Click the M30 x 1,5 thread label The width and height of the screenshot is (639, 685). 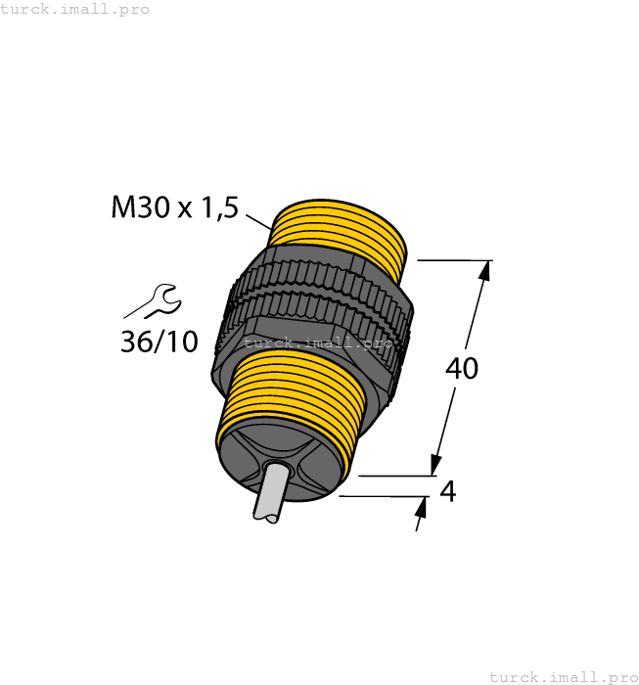coord(175,207)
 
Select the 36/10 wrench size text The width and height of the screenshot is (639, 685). coord(159,342)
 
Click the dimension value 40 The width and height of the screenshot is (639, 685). coord(462,369)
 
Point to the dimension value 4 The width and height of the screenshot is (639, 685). coord(448,491)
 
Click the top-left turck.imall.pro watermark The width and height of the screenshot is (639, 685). coord(75,9)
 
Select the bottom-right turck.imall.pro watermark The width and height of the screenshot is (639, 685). coord(562,676)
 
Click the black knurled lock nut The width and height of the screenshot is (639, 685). coord(313,303)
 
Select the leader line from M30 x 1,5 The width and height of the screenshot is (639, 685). coord(257,220)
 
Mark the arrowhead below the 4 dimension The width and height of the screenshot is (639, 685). coord(423,506)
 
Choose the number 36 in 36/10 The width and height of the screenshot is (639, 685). coord(136,342)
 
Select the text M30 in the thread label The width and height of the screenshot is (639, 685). coord(139,207)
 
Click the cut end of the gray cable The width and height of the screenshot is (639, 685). coord(264,513)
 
